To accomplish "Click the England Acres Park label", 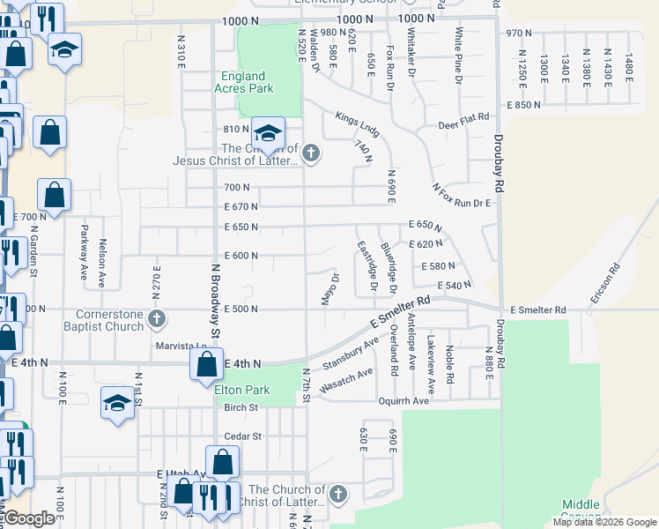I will click(243, 82).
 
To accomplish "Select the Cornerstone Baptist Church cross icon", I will click(156, 318).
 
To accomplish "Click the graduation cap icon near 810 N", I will click(268, 134).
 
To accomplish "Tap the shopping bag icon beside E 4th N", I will click(206, 362).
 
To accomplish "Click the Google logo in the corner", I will click(28, 518).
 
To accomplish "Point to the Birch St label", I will click(241, 407).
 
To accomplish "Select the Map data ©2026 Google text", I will click(603, 522).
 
